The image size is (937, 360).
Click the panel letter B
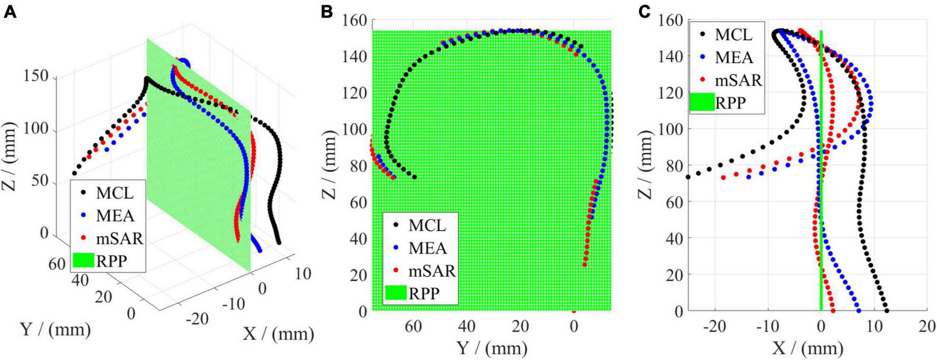[x=327, y=12]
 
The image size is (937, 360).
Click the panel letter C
[x=644, y=12]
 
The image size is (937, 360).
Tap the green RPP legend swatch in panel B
[x=396, y=292]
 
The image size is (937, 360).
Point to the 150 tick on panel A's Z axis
[x=36, y=77]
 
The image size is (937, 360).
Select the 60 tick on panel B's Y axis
[x=414, y=326]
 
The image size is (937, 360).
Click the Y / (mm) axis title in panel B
[x=491, y=347]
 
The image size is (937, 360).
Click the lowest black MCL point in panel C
[x=886, y=311]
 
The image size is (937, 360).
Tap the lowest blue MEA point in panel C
[x=858, y=311]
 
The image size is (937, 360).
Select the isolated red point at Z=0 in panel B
[x=574, y=311]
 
